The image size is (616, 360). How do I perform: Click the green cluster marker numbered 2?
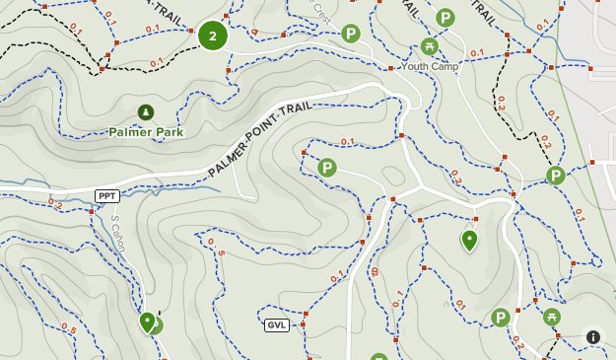[212, 36]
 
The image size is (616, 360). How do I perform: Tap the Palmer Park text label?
[146, 131]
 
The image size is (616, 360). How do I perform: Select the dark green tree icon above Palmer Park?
[146, 111]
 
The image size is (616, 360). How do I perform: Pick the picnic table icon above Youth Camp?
[429, 46]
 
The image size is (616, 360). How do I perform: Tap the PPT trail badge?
[106, 195]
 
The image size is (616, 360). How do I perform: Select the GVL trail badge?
[276, 324]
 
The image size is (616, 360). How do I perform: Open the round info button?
[593, 336]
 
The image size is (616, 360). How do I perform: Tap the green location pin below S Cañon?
[148, 322]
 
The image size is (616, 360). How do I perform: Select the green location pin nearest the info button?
[469, 240]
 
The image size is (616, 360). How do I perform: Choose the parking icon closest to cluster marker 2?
[350, 35]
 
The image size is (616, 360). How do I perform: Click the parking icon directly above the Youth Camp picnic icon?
[445, 18]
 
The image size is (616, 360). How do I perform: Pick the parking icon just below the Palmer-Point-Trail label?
[327, 169]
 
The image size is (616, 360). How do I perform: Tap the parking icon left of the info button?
[501, 318]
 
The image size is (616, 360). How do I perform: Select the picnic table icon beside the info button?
[552, 317]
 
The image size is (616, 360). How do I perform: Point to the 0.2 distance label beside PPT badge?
[55, 204]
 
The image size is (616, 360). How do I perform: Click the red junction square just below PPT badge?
[92, 211]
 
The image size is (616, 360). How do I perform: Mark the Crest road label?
[320, 11]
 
